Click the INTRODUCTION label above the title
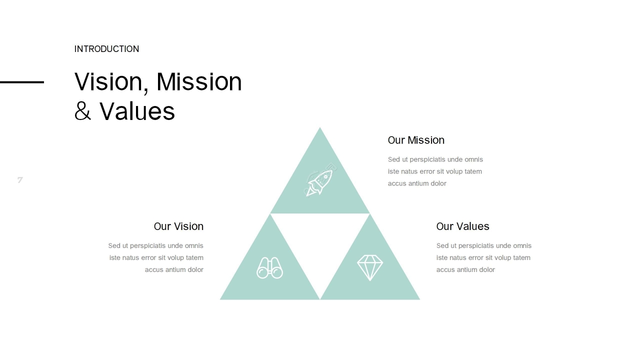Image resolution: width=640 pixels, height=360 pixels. tap(106, 49)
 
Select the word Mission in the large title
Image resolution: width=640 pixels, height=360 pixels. tap(199, 81)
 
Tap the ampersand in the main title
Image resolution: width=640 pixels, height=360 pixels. tap(82, 111)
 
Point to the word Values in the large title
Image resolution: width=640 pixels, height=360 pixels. tap(137, 111)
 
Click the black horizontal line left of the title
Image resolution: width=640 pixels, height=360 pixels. tap(22, 82)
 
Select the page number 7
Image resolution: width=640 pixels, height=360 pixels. tap(20, 180)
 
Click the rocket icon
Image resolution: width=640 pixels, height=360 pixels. tap(320, 180)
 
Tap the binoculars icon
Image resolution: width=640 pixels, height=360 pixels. tap(269, 267)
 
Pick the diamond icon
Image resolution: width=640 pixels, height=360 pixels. tap(370, 267)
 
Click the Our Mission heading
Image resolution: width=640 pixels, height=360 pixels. tap(416, 140)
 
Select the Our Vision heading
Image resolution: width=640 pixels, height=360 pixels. tap(178, 226)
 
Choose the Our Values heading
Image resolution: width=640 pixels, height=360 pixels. tap(463, 226)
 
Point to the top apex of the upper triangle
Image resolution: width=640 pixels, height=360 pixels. tap(320, 127)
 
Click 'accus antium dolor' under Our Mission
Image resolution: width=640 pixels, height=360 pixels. tap(417, 183)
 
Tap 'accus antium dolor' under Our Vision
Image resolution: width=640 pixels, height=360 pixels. tap(174, 269)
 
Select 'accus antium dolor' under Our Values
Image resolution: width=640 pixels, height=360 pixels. tap(465, 269)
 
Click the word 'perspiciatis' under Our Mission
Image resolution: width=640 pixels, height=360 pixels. tap(427, 159)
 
